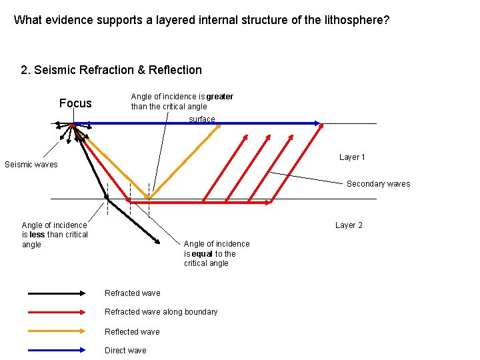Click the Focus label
click(75, 103)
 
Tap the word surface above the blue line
click(202, 119)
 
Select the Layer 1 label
click(352, 157)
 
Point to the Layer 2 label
click(349, 225)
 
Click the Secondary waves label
click(378, 184)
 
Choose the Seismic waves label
click(31, 165)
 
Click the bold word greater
click(219, 97)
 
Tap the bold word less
click(37, 235)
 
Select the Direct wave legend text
click(125, 351)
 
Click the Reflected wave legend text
click(132, 332)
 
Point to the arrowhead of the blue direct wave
click(319, 123)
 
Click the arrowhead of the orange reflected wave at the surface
click(217, 128)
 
